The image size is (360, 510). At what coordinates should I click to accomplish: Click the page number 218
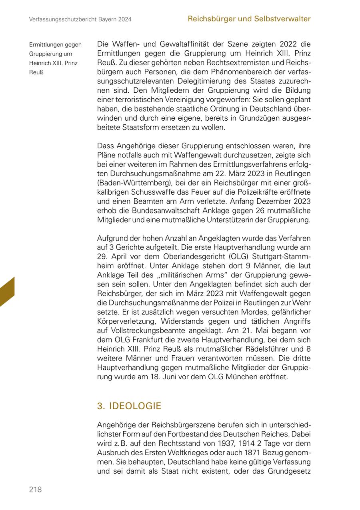[x=35, y=490]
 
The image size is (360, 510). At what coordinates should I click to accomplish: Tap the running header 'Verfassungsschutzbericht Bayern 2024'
[x=80, y=19]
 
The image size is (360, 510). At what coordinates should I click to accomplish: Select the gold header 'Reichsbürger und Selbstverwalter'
[x=249, y=19]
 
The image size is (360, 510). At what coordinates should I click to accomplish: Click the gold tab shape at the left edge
[x=7, y=292]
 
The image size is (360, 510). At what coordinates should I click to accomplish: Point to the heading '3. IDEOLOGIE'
[x=129, y=406]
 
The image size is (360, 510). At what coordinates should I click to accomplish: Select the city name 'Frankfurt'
[x=147, y=340]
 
